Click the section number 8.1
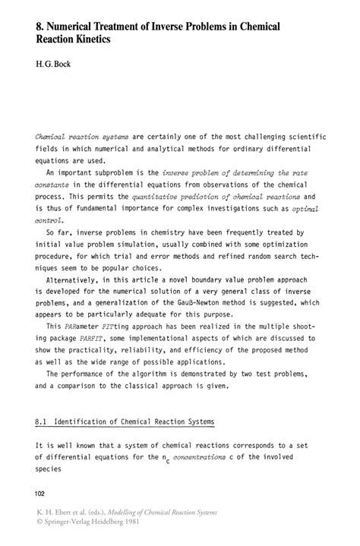point(44,421)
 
